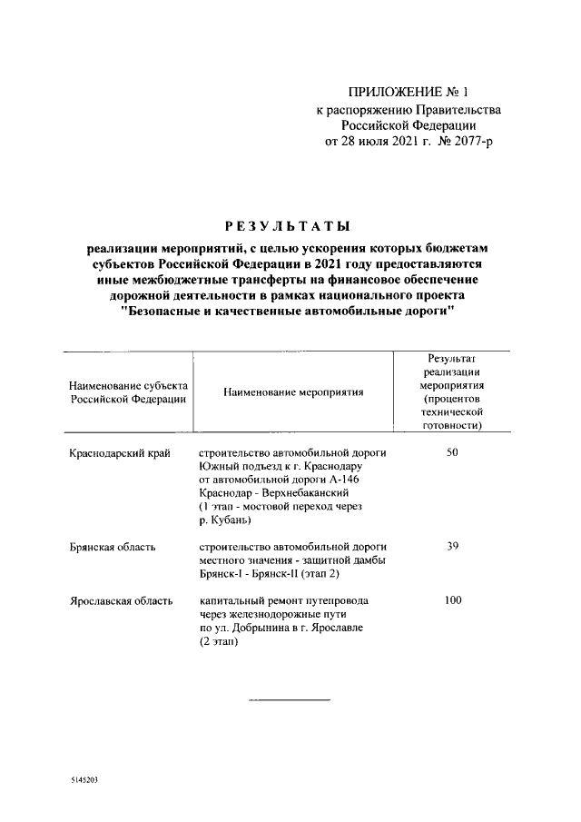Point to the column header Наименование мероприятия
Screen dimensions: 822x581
[x=292, y=392]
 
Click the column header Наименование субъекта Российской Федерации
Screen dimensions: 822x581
[x=128, y=392]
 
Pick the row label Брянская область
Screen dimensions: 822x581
[x=113, y=547]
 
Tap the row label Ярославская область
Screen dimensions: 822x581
[x=120, y=601]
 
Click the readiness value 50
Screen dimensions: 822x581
[x=452, y=452]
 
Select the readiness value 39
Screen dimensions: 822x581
[x=452, y=547]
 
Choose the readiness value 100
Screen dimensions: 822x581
[x=452, y=601]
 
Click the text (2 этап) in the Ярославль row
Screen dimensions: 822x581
[x=219, y=642]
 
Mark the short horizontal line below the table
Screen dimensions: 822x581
[x=290, y=699]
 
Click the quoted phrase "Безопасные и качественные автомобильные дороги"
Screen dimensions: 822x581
[x=286, y=312]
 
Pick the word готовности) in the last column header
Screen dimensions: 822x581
[x=452, y=424]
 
